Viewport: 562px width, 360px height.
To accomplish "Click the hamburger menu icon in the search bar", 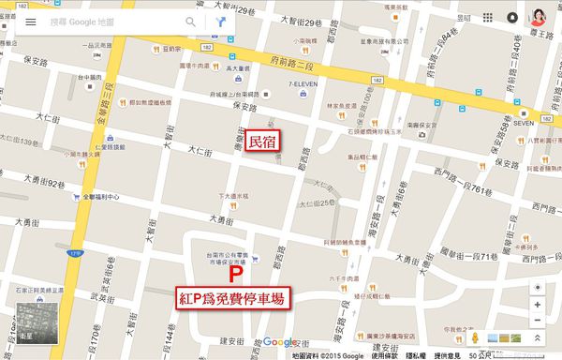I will [x=30, y=21].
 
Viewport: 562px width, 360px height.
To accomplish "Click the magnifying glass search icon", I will [x=192, y=21].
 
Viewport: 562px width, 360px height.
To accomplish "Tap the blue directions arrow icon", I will [x=221, y=21].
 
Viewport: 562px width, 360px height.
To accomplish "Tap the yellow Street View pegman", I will [x=475, y=336].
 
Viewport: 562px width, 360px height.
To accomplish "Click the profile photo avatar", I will [x=540, y=18].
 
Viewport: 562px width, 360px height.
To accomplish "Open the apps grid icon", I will [x=488, y=18].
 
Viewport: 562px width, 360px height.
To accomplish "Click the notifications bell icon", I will [x=512, y=18].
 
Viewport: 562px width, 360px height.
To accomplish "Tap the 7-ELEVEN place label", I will [x=306, y=85].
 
